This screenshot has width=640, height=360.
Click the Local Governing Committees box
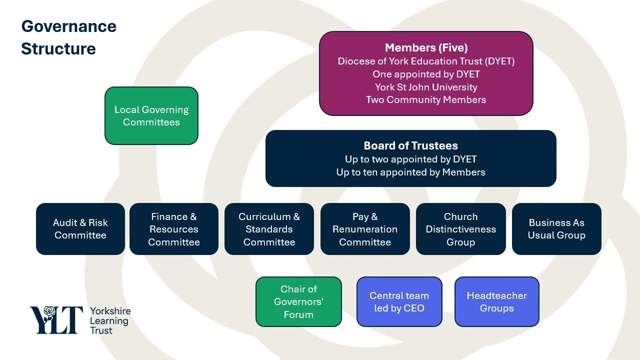tap(151, 115)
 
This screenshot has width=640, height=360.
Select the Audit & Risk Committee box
tap(80, 229)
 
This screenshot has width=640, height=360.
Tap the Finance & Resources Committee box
tap(173, 229)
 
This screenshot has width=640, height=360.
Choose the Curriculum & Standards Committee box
tap(269, 229)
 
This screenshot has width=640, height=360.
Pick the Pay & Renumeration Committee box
tap(365, 229)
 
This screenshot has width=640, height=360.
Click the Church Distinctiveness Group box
tap(461, 229)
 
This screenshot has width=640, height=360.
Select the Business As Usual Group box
tap(556, 229)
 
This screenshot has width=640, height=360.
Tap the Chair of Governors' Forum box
tap(298, 301)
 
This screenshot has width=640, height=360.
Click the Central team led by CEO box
tap(399, 301)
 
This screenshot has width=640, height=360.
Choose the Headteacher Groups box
tap(497, 301)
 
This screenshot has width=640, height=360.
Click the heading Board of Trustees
tap(411, 145)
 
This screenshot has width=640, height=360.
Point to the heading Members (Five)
tap(426, 47)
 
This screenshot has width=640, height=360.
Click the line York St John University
tap(426, 87)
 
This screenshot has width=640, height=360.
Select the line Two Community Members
tap(426, 99)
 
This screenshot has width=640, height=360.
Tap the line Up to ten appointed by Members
tap(410, 172)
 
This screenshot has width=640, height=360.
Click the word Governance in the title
tap(69, 26)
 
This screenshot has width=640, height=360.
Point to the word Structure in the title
tap(58, 48)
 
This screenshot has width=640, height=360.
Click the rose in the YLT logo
tap(49, 313)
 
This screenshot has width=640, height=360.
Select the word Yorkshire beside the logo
tap(110, 311)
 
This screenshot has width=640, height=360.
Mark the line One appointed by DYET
tap(426, 74)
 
